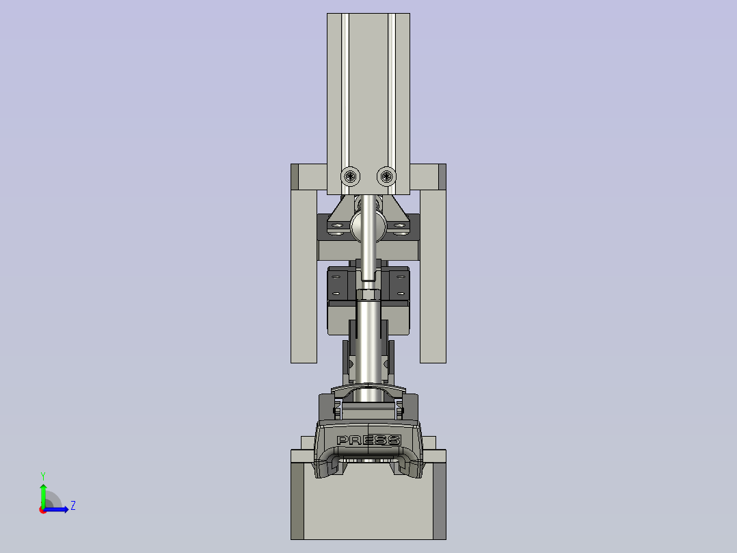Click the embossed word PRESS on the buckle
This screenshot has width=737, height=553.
(x=368, y=440)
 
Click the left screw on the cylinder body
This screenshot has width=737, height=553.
(x=351, y=177)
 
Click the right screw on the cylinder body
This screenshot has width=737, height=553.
(x=386, y=177)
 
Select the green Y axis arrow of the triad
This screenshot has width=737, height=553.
(x=43, y=491)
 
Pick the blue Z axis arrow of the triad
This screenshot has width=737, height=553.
(x=59, y=509)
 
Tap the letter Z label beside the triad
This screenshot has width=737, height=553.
(x=72, y=506)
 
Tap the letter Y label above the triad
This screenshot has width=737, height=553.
(x=42, y=475)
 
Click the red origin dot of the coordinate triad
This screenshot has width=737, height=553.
(x=43, y=509)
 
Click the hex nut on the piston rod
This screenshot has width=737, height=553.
(x=368, y=294)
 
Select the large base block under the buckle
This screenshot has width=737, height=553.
(x=368, y=506)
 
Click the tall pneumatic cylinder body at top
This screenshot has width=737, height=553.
(x=368, y=89)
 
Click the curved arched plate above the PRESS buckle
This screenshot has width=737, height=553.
(x=368, y=391)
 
